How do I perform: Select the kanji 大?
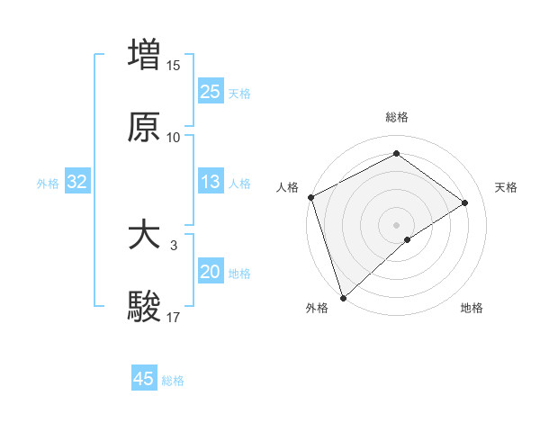click(x=144, y=236)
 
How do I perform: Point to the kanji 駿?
click(x=144, y=306)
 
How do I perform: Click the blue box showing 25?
click(x=211, y=91)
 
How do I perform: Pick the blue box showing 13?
click(x=211, y=183)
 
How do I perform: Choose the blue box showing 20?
click(x=211, y=272)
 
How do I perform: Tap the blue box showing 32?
click(x=77, y=183)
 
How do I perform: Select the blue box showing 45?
click(x=144, y=379)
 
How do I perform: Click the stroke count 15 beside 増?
click(x=174, y=65)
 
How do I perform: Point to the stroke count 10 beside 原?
click(x=174, y=138)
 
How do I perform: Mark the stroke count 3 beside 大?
click(x=174, y=245)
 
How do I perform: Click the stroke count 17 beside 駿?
click(x=174, y=317)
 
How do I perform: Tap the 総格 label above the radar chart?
click(x=397, y=117)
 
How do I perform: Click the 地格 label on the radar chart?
click(x=472, y=308)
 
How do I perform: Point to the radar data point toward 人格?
click(x=310, y=197)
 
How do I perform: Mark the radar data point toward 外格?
click(x=343, y=297)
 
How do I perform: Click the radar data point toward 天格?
click(x=465, y=202)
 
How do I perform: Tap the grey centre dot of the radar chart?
click(x=397, y=224)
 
